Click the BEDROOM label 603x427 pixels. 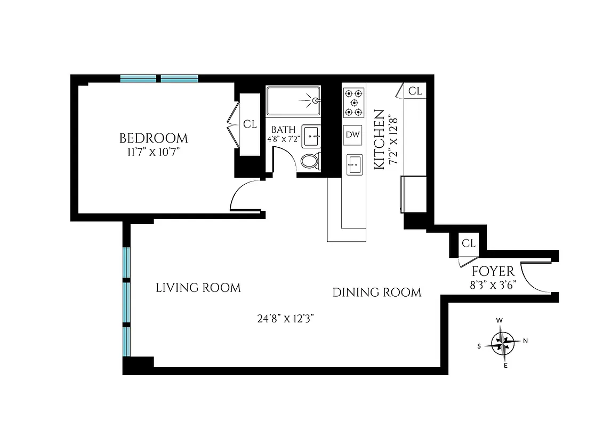(x=154, y=139)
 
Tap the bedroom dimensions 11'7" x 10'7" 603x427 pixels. (x=154, y=152)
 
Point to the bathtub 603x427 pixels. (x=294, y=100)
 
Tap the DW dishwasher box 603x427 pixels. (x=353, y=135)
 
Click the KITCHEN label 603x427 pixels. (x=379, y=139)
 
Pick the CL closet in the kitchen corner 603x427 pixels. (x=415, y=91)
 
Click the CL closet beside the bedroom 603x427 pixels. (x=250, y=124)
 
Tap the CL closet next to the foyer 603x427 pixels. (x=468, y=243)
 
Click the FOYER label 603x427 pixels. (x=493, y=271)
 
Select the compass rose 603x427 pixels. (x=502, y=342)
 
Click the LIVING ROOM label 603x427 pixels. (x=198, y=288)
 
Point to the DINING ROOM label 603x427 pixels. (x=377, y=292)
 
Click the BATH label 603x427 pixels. (x=283, y=130)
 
